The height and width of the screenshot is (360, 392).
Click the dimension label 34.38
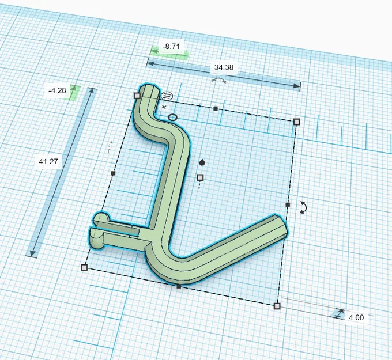coord(224,67)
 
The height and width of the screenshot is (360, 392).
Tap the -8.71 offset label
coord(169,46)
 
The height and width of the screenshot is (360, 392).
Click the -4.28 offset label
coord(58,90)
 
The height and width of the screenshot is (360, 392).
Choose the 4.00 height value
coord(356,317)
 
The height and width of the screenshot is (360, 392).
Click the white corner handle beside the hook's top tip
coord(137,96)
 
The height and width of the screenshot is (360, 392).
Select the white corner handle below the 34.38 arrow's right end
coord(297,122)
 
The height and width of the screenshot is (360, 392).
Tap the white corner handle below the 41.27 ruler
coord(84,267)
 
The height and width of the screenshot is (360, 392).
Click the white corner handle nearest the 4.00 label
coord(277,306)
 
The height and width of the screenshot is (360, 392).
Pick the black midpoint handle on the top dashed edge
coord(215,108)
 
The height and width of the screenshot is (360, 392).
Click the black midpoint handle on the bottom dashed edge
coord(179,286)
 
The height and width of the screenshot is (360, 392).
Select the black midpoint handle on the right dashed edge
coord(287,204)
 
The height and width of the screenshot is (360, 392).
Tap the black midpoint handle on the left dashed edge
coord(113,173)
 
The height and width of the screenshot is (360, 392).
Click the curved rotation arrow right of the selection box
coord(303,208)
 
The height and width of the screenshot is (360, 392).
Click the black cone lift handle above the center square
coord(201,162)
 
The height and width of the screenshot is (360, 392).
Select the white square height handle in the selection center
coord(201,177)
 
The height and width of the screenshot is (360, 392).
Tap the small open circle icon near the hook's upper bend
coord(172,118)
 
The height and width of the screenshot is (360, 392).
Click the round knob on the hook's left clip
coord(101,219)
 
